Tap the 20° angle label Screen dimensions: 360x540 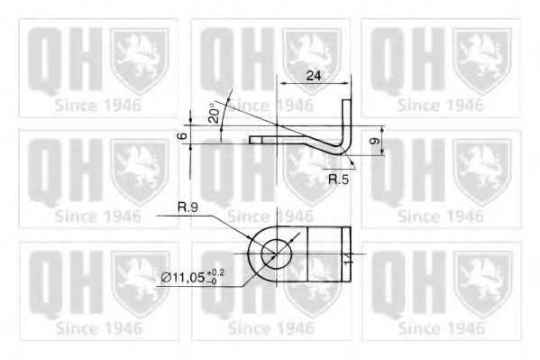click(214, 113)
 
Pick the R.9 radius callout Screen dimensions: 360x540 click(188, 208)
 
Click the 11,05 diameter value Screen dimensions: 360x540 click(192, 276)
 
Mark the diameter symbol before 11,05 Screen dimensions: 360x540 click(166, 276)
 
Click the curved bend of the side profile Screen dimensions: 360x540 click(339, 148)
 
